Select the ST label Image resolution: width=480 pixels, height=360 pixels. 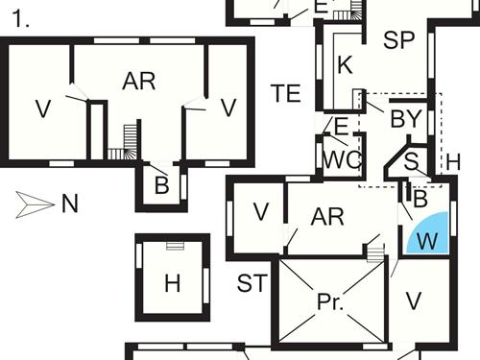[252, 283]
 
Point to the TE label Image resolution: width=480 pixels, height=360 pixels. [287, 93]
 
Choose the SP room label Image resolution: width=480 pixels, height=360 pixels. [397, 40]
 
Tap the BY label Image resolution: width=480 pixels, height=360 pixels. [406, 119]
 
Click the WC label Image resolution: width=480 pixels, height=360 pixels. [339, 159]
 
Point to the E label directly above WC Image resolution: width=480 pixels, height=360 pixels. [341, 126]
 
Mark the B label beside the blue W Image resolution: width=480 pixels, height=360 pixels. [420, 198]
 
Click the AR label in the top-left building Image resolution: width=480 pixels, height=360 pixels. [139, 82]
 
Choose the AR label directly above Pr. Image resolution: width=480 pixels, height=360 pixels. [328, 216]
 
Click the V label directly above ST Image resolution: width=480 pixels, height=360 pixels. [261, 212]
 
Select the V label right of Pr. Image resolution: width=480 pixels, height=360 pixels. [414, 301]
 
